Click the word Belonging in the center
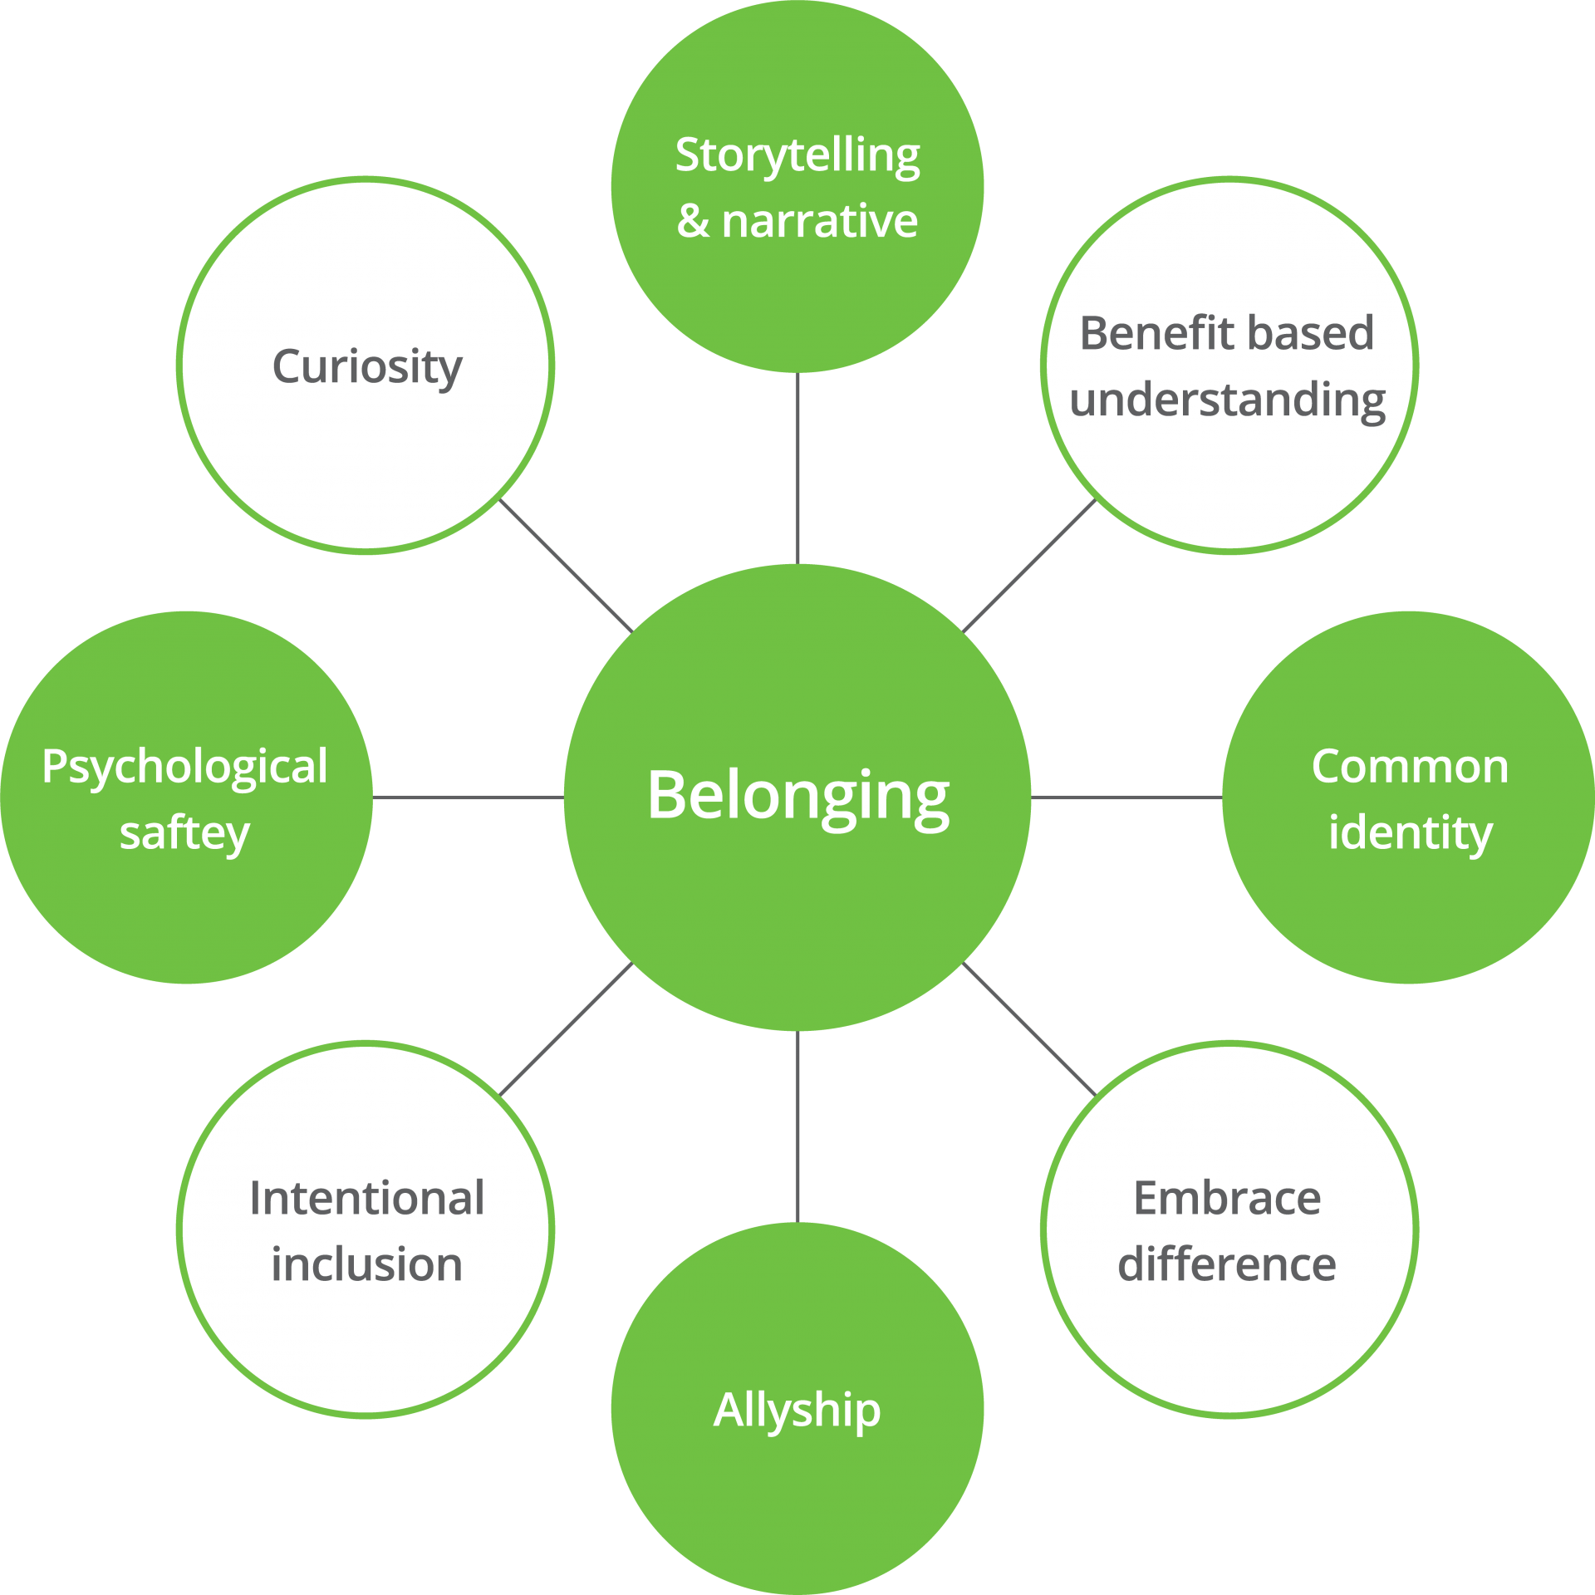pos(797,796)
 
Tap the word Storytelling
pos(797,155)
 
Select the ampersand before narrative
pos(693,222)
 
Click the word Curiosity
pos(366,366)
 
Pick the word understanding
pos(1227,400)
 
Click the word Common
pos(1410,766)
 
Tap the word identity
pos(1410,832)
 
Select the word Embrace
pos(1227,1198)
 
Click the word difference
pos(1227,1264)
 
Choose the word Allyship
pos(797,1411)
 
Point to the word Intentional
pos(366,1198)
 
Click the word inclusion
pos(366,1264)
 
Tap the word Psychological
pos(184,766)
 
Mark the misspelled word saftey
pos(184,832)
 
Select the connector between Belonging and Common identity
pos(1126,797)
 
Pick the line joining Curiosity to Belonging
pos(567,566)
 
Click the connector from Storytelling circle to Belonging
pos(797,468)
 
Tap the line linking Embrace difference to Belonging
pos(1028,1028)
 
